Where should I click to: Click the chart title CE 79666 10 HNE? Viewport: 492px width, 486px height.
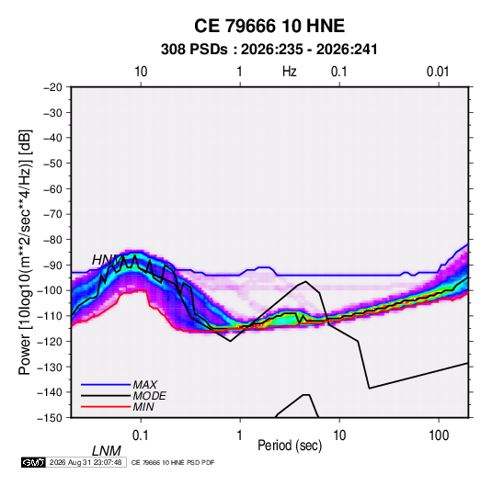pos(269,26)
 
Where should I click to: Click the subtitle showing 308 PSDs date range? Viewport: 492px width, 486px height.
pos(269,50)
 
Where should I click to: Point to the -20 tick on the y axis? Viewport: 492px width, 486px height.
pos(52,87)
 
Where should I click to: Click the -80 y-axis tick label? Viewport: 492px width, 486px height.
pos(52,240)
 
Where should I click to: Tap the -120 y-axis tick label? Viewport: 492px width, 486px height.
pos(50,341)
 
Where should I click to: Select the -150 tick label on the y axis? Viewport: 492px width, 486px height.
pos(50,418)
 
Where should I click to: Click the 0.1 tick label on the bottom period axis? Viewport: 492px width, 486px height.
pos(140,435)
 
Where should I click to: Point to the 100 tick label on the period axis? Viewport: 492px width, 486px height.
pos(439,435)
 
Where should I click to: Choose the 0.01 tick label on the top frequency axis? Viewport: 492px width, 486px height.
pos(438,72)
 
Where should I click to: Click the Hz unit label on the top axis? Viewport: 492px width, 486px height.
pos(290,72)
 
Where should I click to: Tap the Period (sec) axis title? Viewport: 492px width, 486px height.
pos(290,446)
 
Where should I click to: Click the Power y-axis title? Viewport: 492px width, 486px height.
pos(25,252)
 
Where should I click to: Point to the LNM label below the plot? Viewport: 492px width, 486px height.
pos(106,451)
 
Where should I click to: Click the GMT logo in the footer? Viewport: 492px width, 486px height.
pos(34,462)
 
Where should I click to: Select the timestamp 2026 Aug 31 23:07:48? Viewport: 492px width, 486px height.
pos(86,462)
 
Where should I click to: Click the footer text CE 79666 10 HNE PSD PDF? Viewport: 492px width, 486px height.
pos(173,462)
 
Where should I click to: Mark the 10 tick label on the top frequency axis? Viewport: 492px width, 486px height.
pos(141,72)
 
